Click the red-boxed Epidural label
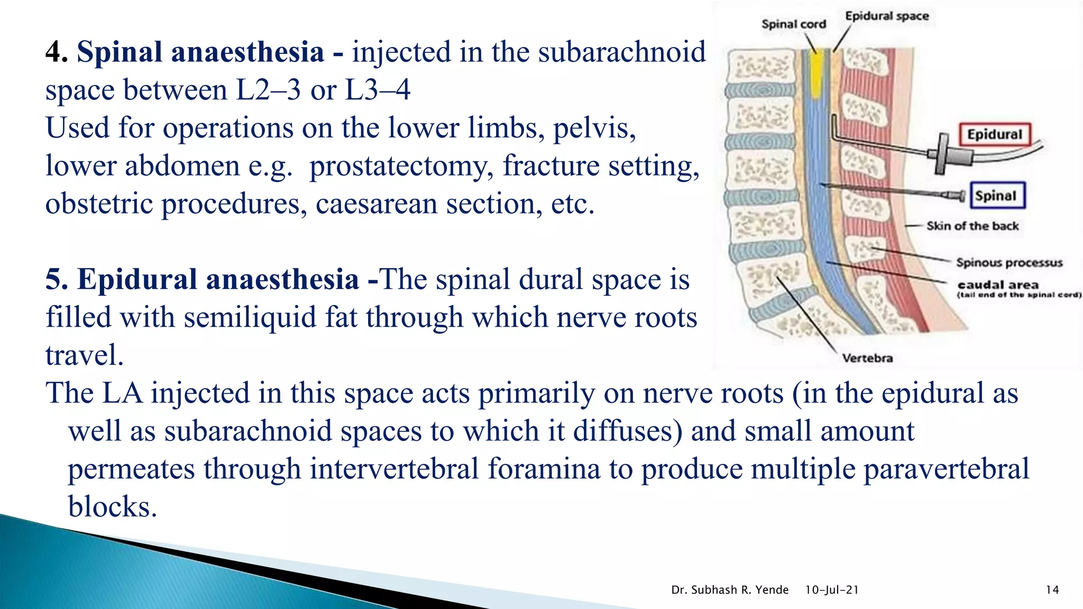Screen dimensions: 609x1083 pos(994,134)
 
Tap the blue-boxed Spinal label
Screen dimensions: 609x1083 pos(996,196)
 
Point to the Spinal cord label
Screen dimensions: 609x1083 pos(793,24)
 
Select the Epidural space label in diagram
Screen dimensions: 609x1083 pos(887,16)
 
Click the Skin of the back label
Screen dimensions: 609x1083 pos(972,226)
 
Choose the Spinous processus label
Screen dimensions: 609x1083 pos(1009,263)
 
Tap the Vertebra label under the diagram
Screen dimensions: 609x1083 pos(867,358)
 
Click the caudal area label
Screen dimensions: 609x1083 pos(997,285)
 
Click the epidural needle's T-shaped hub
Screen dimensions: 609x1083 pos(942,154)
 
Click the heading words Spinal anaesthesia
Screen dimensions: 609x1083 pos(200,52)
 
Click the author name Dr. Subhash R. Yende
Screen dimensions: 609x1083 pos(730,590)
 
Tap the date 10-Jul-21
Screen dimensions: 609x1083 pos(832,590)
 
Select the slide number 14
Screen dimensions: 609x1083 pos(1052,590)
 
